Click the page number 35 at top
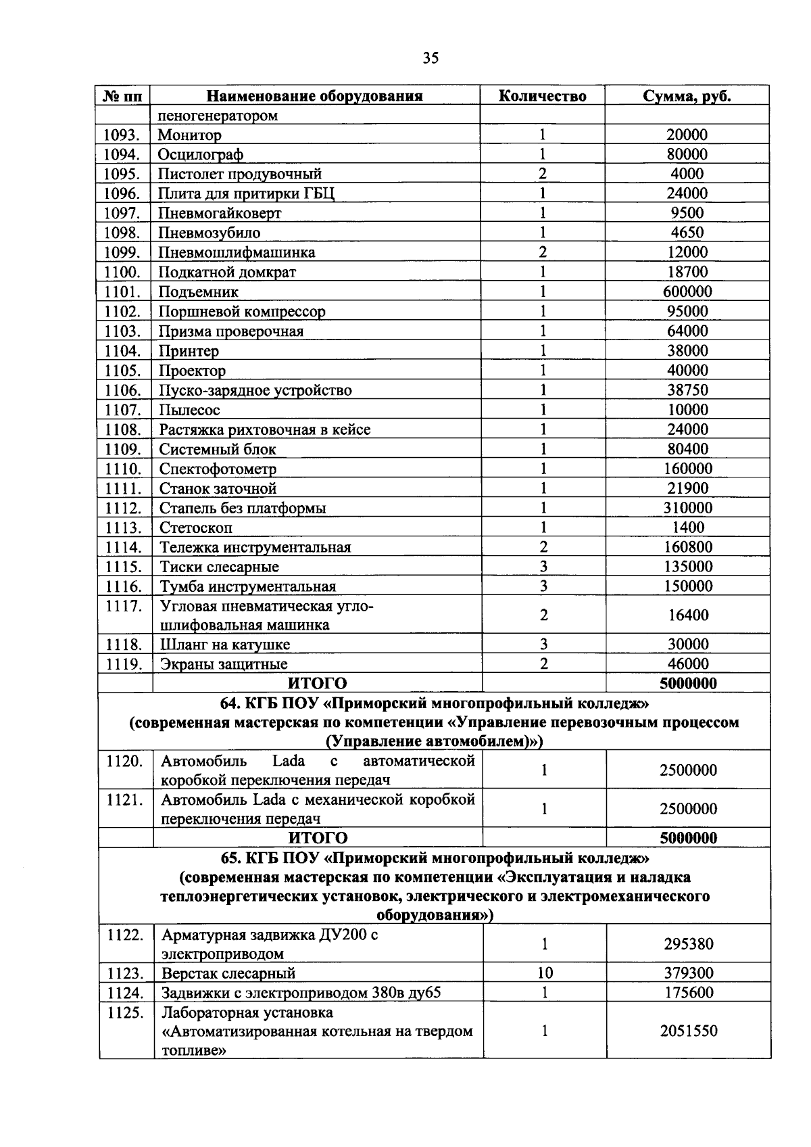click(431, 58)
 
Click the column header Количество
click(542, 96)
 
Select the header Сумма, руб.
click(687, 96)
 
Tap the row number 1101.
click(122, 292)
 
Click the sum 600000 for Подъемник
click(687, 292)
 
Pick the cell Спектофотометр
click(218, 469)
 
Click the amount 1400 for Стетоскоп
click(688, 528)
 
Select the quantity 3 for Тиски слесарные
click(543, 567)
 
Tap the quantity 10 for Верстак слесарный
click(545, 973)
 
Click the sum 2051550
click(688, 1031)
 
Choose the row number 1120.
click(124, 762)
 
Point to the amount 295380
click(688, 944)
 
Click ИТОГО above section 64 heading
click(318, 684)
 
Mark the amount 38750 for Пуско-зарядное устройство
click(687, 390)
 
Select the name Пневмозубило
click(210, 233)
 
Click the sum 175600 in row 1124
click(688, 993)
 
